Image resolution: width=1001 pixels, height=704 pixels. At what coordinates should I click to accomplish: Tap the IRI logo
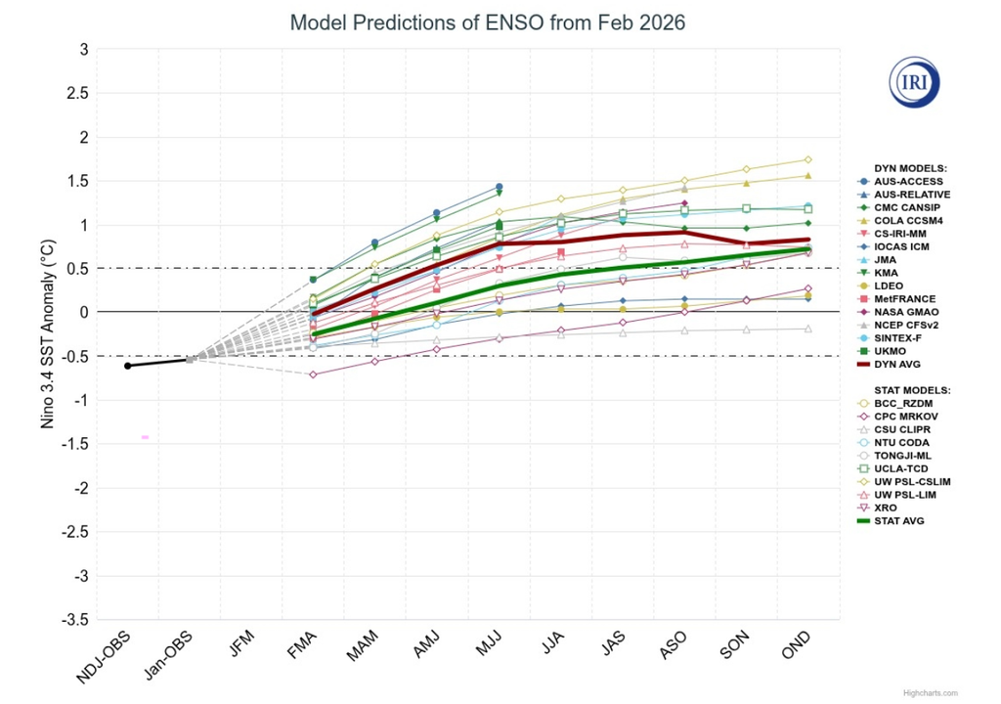[913, 81]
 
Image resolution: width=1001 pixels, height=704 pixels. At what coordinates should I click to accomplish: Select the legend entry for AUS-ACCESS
[908, 182]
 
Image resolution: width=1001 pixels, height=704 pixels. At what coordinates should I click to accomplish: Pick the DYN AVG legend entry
[897, 364]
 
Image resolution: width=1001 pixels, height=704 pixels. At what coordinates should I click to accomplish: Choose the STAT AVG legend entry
[898, 521]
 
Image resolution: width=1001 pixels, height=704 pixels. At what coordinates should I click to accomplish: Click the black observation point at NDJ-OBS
[127, 366]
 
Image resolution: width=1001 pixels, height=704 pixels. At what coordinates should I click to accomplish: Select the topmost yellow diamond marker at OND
[807, 159]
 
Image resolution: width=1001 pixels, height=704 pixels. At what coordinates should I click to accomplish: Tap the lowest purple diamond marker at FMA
[313, 374]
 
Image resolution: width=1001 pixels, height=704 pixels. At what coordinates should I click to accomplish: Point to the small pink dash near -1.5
[145, 437]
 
